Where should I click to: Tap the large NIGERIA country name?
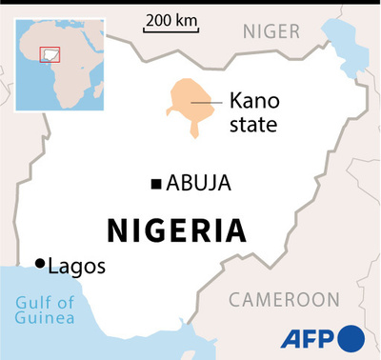tap(176, 230)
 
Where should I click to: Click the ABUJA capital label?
tap(199, 184)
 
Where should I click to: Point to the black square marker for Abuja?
tap(155, 184)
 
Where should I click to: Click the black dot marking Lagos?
tap(39, 263)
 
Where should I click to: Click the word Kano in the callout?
tap(251, 100)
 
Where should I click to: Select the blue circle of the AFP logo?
tap(351, 338)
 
